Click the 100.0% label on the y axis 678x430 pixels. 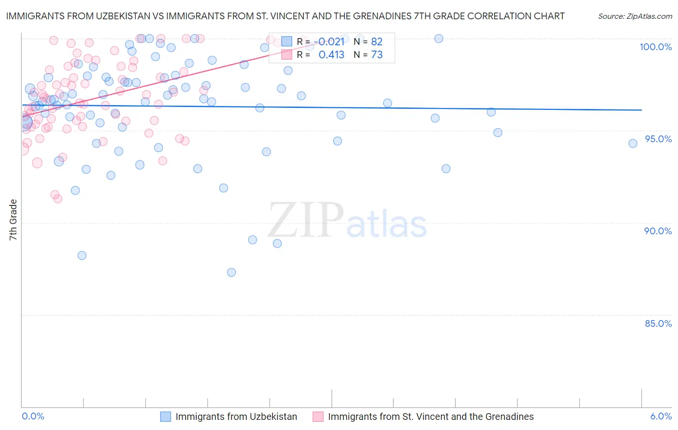[x=655, y=47]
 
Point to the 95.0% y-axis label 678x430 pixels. [x=658, y=139]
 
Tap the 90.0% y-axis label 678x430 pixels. [x=658, y=231]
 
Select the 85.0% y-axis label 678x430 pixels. [x=658, y=323]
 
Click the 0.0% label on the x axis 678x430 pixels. [x=33, y=416]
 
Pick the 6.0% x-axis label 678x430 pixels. [x=661, y=416]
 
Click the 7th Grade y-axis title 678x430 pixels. [x=13, y=220]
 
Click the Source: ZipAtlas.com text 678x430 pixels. [x=635, y=16]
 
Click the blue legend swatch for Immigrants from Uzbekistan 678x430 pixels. [x=165, y=417]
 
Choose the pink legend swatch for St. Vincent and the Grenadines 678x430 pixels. [x=318, y=417]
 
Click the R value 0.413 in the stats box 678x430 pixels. [x=331, y=55]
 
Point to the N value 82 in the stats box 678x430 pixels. [x=377, y=42]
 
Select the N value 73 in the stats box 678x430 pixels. [x=377, y=55]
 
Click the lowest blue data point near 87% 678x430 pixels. [x=231, y=272]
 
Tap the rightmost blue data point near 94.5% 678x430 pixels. [x=633, y=143]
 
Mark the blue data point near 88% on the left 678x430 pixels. [x=82, y=255]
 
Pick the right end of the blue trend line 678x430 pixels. [x=641, y=110]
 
